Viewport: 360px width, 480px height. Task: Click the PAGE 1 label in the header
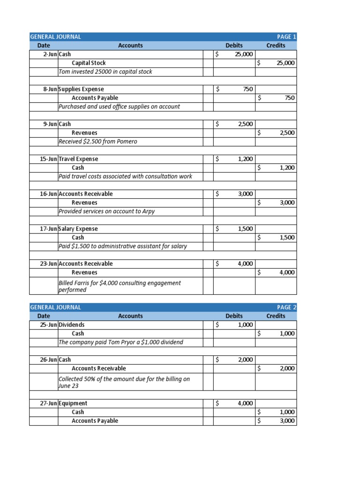(287, 37)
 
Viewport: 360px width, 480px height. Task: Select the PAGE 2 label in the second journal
(287, 307)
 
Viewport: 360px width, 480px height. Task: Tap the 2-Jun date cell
(50, 54)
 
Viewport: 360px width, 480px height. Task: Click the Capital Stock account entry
(89, 63)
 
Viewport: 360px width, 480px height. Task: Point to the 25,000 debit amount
(243, 54)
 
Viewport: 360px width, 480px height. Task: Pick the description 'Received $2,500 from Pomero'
(98, 141)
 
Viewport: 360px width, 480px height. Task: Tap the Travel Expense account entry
(79, 159)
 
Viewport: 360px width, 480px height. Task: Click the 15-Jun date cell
(48, 159)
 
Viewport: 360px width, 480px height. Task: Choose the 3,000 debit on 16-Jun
(245, 194)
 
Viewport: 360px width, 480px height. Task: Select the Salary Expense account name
(78, 229)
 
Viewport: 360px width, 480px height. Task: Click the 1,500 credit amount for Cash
(287, 238)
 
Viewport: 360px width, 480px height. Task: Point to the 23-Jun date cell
(48, 263)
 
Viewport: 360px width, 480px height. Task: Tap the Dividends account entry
(72, 324)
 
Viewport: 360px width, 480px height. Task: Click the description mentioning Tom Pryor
(121, 342)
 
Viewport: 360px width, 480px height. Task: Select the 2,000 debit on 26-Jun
(245, 360)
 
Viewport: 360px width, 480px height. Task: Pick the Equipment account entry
(73, 403)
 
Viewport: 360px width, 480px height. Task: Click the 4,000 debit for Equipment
(245, 403)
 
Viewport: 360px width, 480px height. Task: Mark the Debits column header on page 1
(234, 45)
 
